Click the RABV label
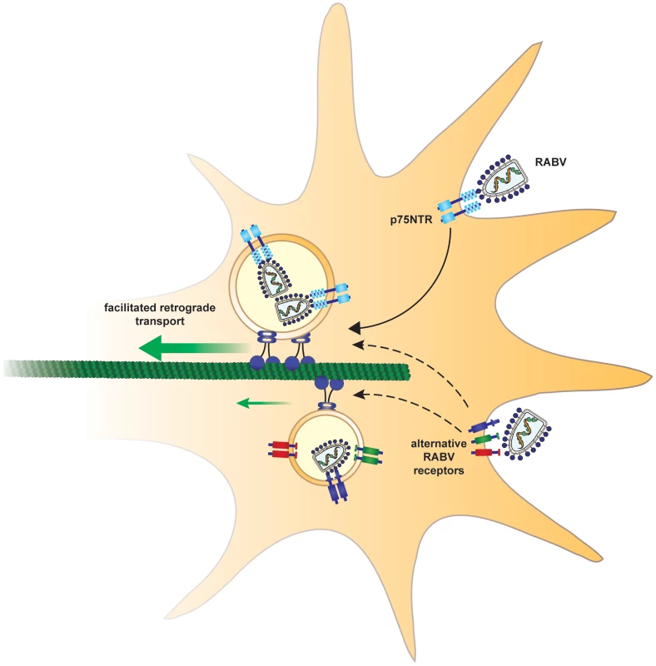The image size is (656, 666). pos(550,162)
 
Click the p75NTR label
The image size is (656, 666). pos(411,220)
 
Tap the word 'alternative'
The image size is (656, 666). pos(439,444)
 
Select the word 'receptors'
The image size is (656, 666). pos(439,470)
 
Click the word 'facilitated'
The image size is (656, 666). pos(132,307)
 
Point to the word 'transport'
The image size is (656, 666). pos(160,321)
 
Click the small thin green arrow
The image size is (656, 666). pos(263,403)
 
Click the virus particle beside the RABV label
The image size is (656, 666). pos(504,178)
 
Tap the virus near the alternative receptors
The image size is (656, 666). pos(527,434)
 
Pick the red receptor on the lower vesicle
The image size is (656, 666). pos(282,450)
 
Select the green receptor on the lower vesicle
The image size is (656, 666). pos(368,455)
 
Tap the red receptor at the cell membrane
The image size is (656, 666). pos(485,452)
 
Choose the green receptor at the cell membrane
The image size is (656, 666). pos(485,439)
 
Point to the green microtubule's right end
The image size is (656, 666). pos(409,370)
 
